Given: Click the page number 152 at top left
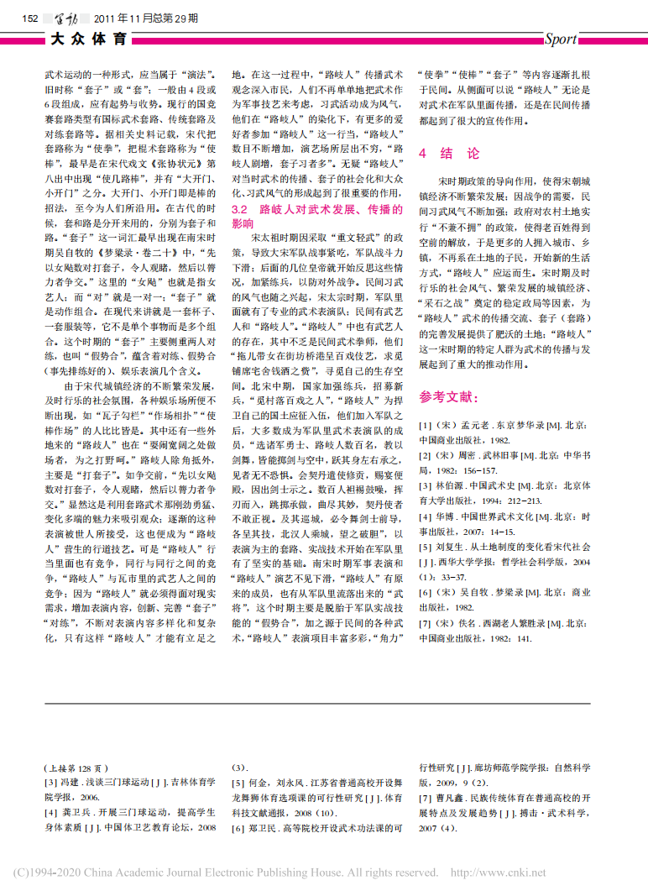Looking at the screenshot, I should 31,18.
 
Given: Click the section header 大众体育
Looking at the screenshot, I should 89,39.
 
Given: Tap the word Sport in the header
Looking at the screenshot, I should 560,39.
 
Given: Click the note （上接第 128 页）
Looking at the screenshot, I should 76,767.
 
